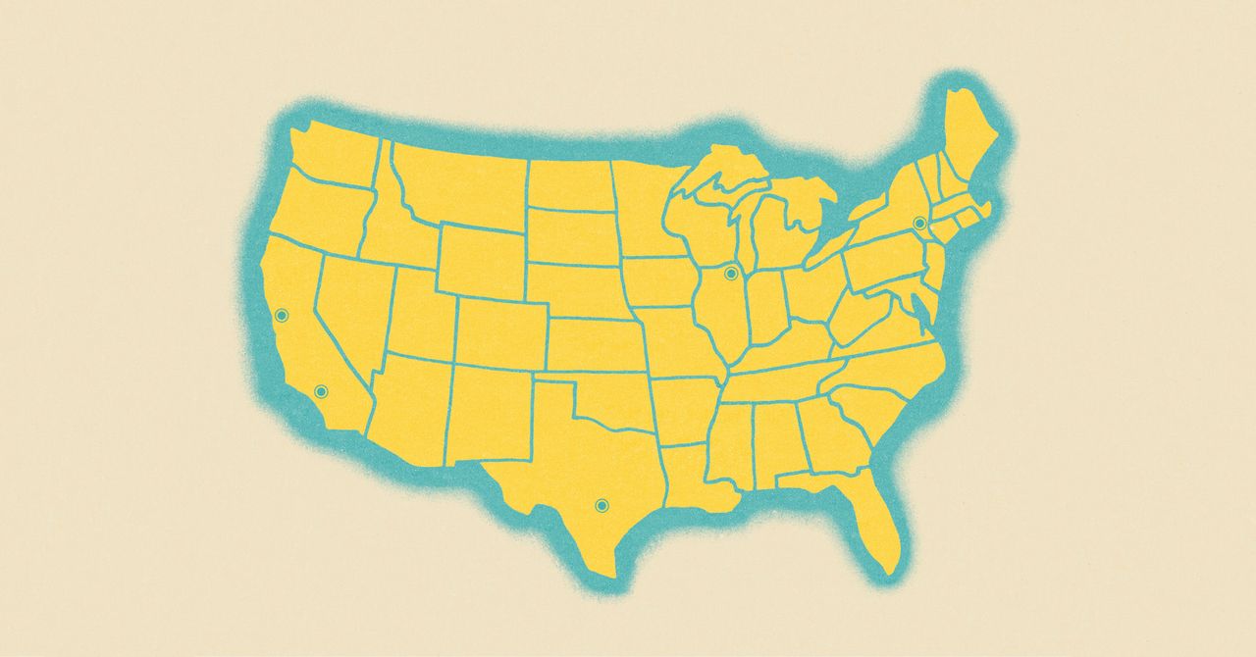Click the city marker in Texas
pos(602,505)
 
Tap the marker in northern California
pos(282,315)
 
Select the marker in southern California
pos(320,392)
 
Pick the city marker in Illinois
pos(730,273)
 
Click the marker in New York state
pos(919,224)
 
